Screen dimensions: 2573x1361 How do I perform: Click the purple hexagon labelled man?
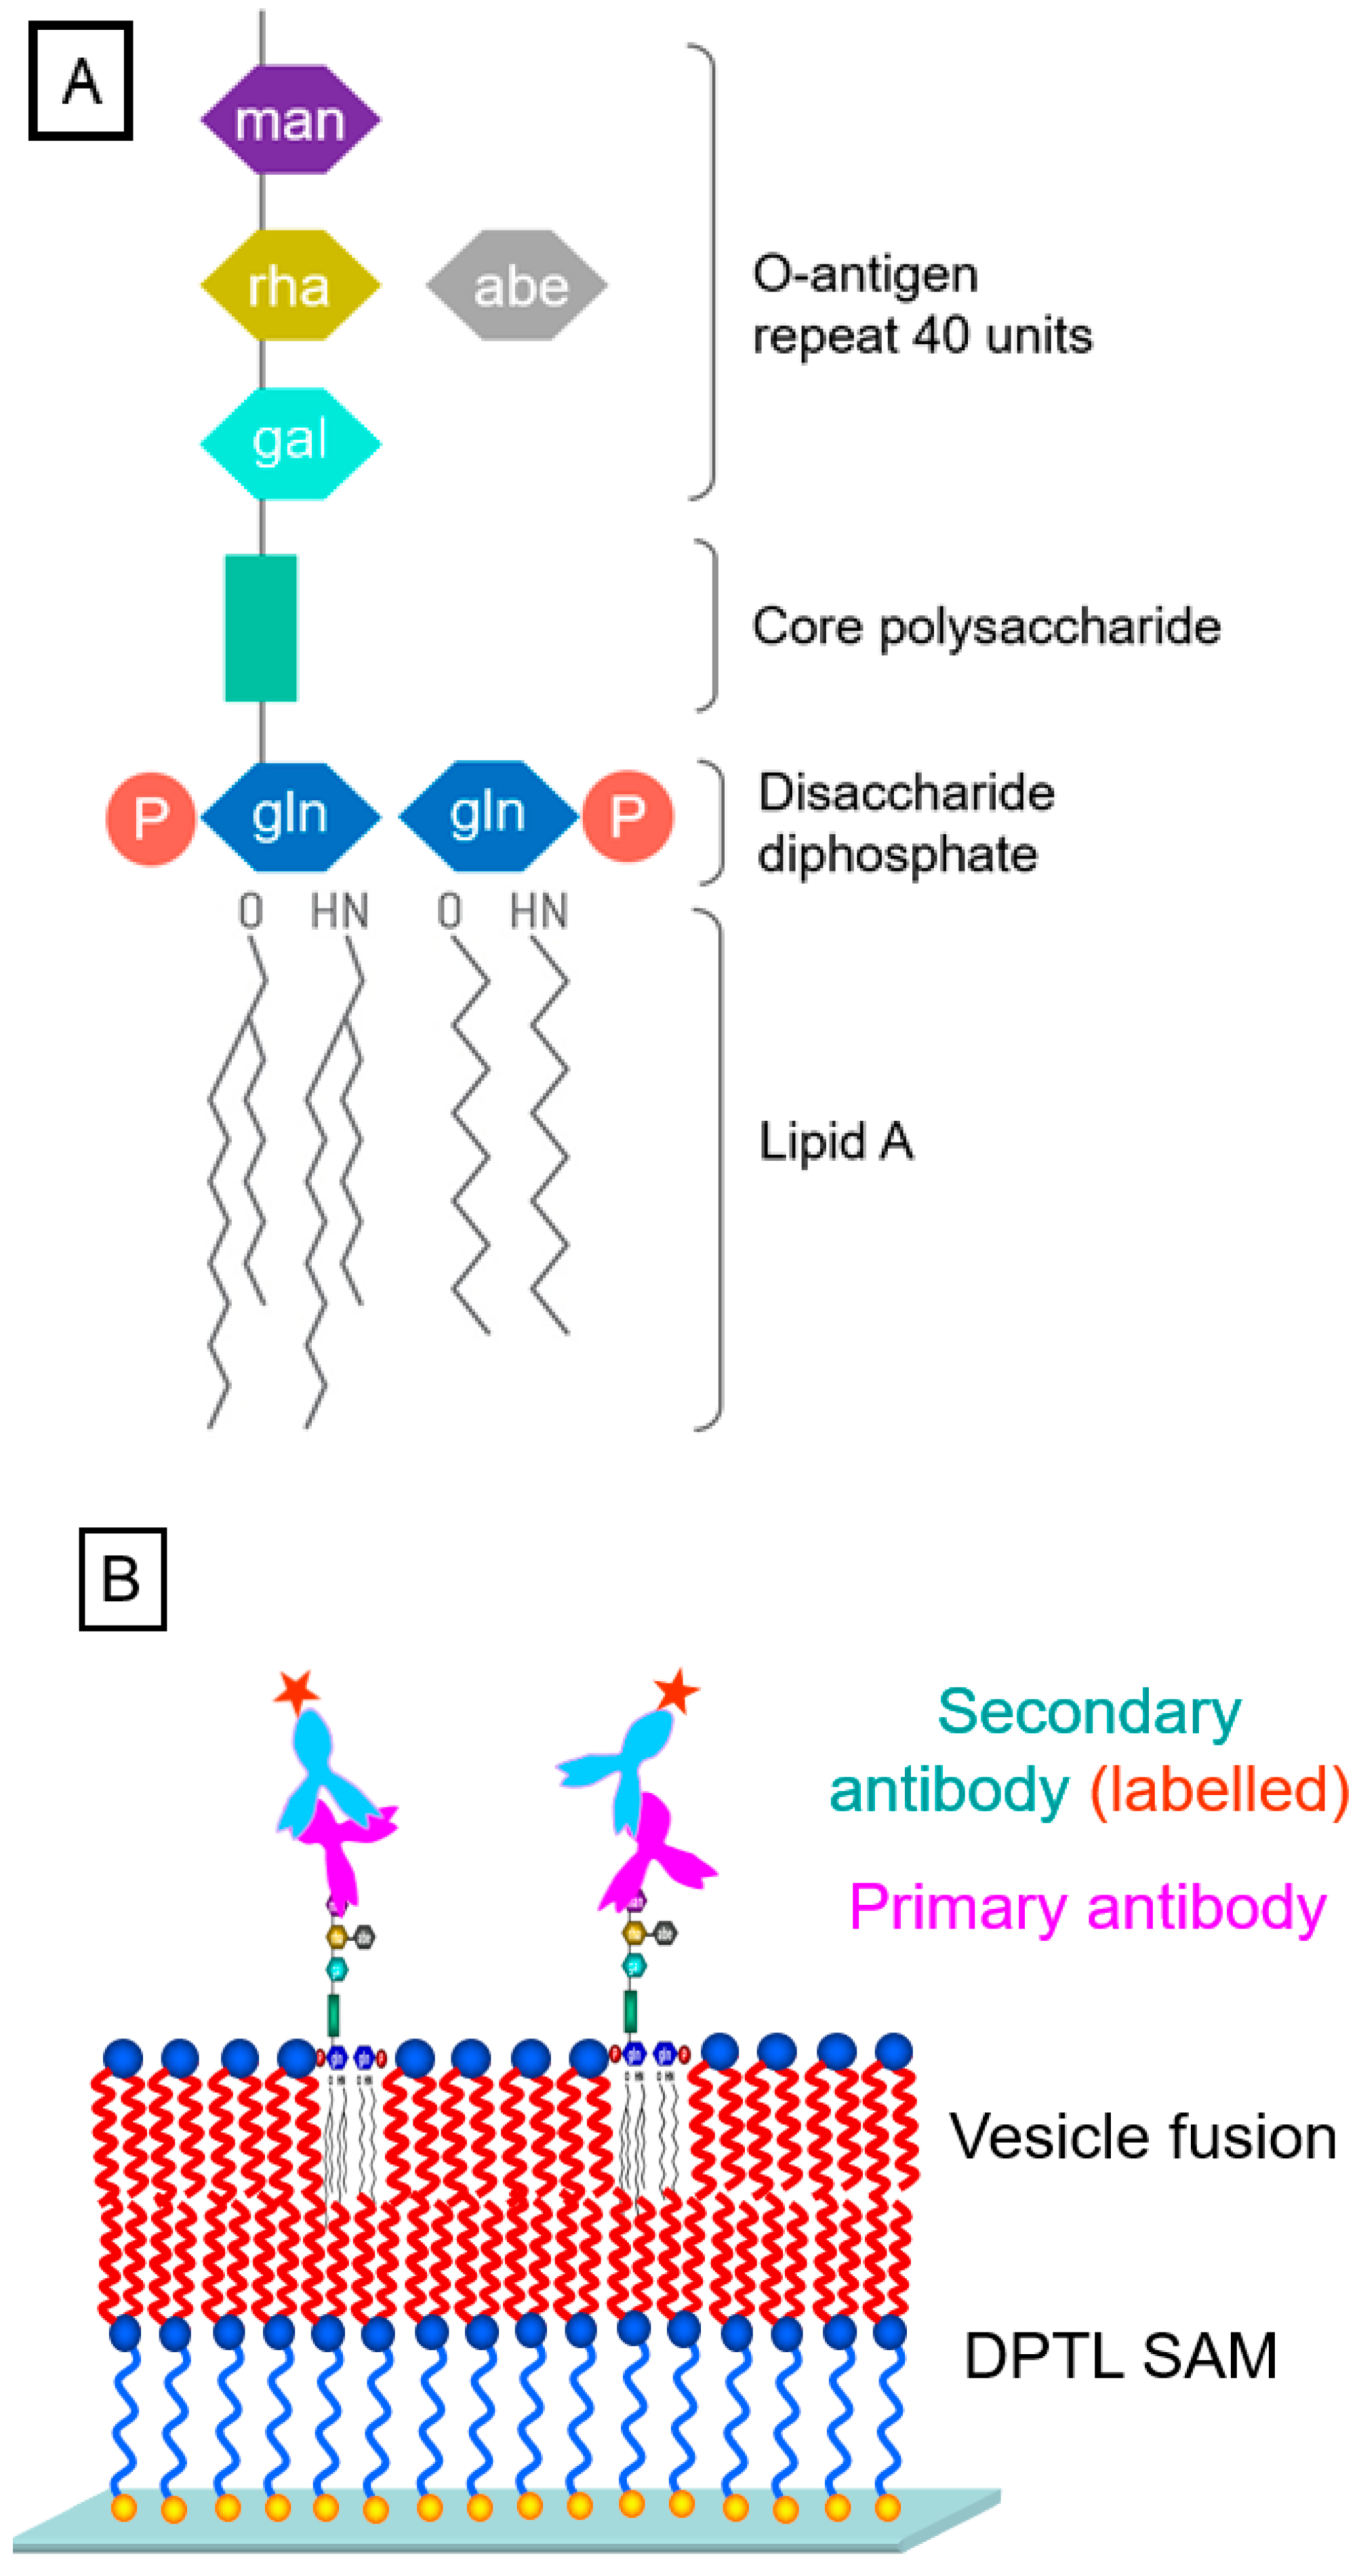tap(290, 120)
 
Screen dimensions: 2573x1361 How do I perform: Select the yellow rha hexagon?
tap(290, 286)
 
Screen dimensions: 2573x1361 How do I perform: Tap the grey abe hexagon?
tap(516, 286)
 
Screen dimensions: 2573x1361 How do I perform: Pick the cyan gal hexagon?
tap(290, 442)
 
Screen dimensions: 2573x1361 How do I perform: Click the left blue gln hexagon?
tap(290, 816)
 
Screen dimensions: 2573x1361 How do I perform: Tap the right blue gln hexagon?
tap(487, 815)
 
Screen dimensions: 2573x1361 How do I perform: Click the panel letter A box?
tap(81, 81)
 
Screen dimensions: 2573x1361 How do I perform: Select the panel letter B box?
tap(122, 1579)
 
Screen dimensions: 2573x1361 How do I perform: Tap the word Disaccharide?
tap(906, 792)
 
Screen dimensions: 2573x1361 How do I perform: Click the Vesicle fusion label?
tap(1142, 2137)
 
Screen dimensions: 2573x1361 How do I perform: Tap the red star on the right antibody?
tap(676, 1690)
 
